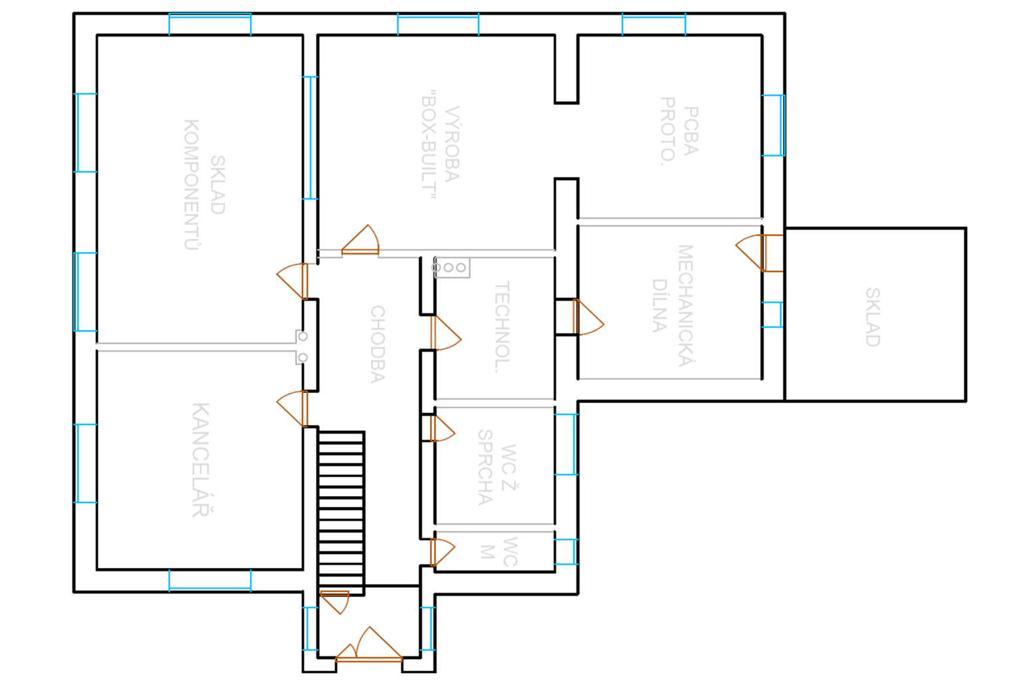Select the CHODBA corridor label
pyautogui.click(x=378, y=344)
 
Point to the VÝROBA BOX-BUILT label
pyautogui.click(x=440, y=144)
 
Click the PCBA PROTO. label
pyautogui.click(x=679, y=131)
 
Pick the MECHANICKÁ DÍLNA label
pyautogui.click(x=672, y=305)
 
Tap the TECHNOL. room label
pyautogui.click(x=503, y=327)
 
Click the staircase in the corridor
pyautogui.click(x=341, y=512)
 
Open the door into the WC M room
pyautogui.click(x=441, y=552)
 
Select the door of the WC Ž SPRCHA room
pyautogui.click(x=441, y=428)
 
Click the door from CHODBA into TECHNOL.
pyautogui.click(x=445, y=333)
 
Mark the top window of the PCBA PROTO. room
pyautogui.click(x=653, y=25)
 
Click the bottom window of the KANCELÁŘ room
pyautogui.click(x=210, y=580)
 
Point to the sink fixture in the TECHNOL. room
pyautogui.click(x=453, y=267)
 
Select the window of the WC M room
pyautogui.click(x=566, y=552)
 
